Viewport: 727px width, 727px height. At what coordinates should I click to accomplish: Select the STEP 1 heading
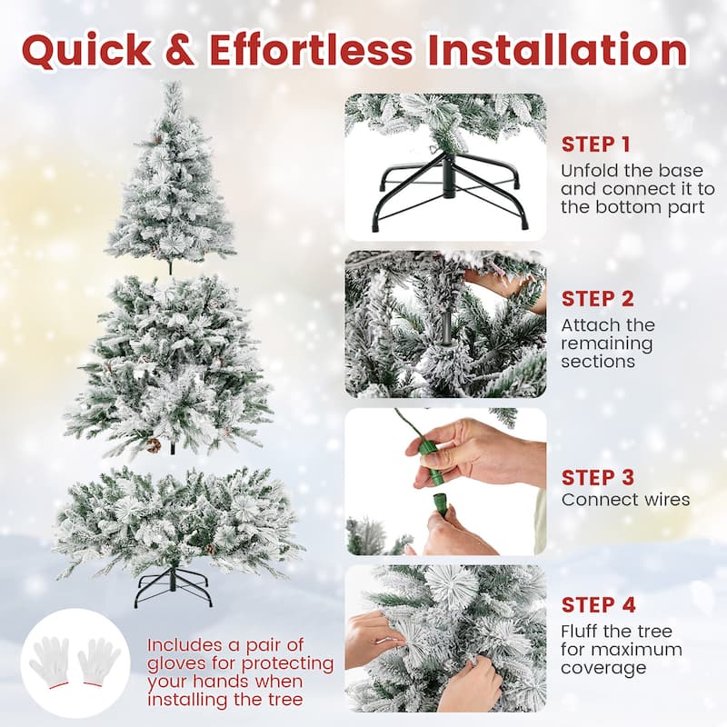595,144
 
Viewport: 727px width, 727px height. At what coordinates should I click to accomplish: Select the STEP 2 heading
597,298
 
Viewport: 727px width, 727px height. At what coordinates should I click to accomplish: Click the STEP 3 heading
597,477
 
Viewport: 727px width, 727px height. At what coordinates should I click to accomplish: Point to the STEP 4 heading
598,604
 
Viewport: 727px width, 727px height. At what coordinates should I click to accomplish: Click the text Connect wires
625,499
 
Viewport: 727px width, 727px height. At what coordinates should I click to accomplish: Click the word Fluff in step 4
583,632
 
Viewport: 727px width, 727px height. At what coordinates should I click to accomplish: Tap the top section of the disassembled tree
172,182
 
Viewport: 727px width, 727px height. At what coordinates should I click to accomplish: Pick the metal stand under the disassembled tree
173,586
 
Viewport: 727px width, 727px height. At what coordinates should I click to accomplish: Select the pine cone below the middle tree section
154,445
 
